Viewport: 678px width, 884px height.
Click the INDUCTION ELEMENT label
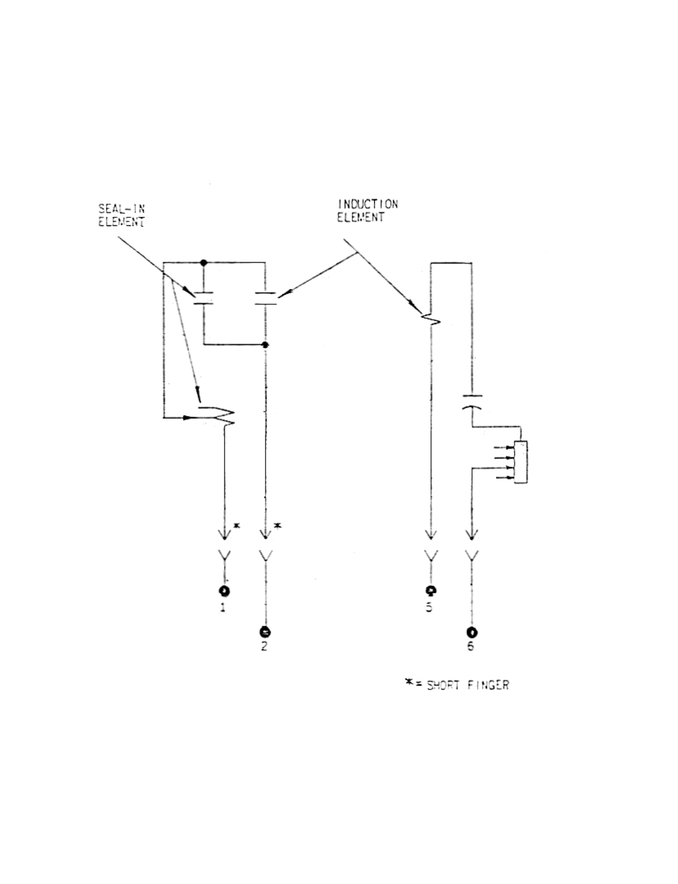(x=367, y=210)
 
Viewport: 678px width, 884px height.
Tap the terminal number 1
(x=223, y=608)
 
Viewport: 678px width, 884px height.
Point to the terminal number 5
(x=429, y=608)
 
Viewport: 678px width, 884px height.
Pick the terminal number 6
(x=471, y=647)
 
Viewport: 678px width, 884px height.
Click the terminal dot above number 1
(x=224, y=590)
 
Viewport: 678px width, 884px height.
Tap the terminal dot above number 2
(x=264, y=631)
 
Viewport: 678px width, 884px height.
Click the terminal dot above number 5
(x=431, y=590)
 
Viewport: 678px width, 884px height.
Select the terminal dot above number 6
(x=472, y=631)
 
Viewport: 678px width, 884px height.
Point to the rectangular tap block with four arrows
(x=520, y=462)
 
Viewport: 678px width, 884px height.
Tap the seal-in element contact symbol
(x=203, y=299)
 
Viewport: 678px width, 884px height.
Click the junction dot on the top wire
(x=204, y=262)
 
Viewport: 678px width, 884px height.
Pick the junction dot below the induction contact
(x=265, y=345)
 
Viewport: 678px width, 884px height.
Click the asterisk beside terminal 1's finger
(x=237, y=526)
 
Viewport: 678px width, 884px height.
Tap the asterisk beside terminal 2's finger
(x=278, y=525)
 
